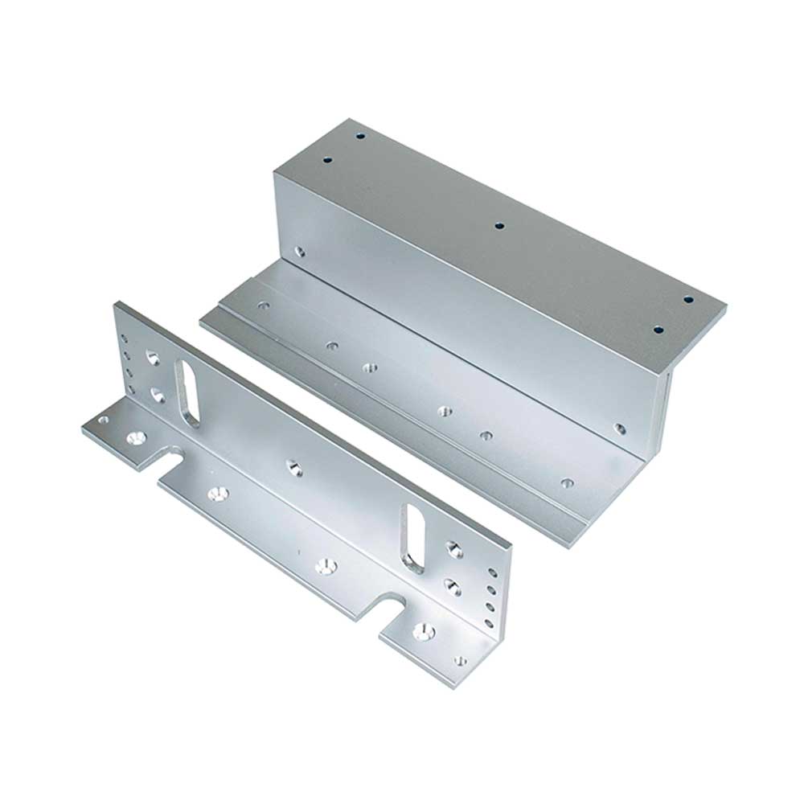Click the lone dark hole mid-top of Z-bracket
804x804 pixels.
pos(498,226)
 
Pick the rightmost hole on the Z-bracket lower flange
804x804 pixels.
pos(567,484)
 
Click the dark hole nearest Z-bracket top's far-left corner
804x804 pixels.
pos(356,137)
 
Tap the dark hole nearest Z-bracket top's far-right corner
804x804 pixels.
pos(688,300)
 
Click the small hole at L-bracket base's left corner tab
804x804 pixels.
pos(102,419)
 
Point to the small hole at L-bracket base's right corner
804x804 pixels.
pos(460,661)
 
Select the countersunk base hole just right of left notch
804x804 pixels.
pos(215,491)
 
